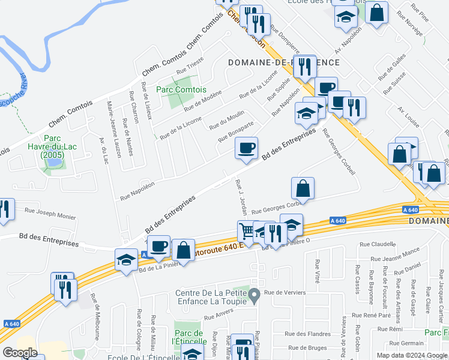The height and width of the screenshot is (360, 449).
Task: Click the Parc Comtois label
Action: click(178, 89)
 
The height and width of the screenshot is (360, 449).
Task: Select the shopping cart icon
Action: click(247, 230)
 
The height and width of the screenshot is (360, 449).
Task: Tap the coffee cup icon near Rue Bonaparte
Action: click(246, 148)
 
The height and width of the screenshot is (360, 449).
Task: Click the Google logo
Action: click(20, 352)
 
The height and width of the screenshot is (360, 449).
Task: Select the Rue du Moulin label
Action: click(226, 121)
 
